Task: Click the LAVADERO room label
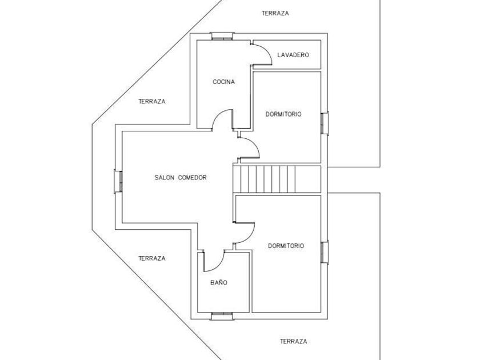(293, 55)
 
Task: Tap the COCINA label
(223, 82)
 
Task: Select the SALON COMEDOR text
(180, 177)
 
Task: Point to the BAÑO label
(219, 282)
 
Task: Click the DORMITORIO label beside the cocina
(283, 114)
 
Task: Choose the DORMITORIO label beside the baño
(286, 246)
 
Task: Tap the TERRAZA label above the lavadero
(275, 13)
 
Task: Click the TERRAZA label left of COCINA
(152, 101)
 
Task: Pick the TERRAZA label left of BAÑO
(152, 258)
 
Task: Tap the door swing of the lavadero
(263, 55)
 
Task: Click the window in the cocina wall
(222, 36)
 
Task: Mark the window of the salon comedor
(118, 181)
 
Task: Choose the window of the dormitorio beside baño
(325, 252)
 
